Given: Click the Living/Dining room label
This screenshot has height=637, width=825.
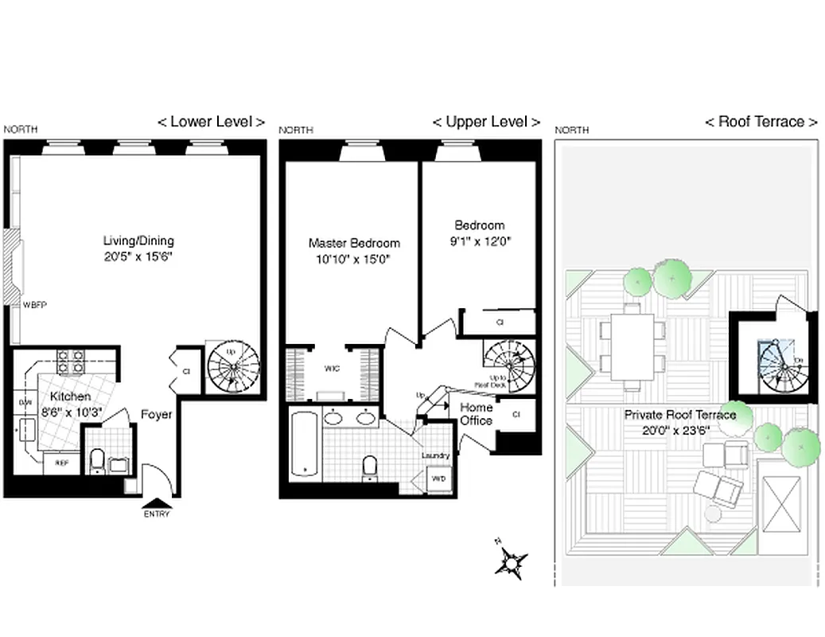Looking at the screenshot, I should (x=138, y=240).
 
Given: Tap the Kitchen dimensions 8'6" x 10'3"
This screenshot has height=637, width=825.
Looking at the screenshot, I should (x=71, y=412).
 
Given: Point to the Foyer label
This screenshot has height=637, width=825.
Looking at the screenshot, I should (x=157, y=414).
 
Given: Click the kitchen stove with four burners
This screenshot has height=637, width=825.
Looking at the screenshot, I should (x=70, y=362).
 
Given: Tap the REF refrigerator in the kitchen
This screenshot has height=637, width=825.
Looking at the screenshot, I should (x=60, y=461).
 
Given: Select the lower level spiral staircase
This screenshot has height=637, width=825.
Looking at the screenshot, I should (x=233, y=367).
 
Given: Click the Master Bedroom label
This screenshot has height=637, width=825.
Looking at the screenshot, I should (x=354, y=243).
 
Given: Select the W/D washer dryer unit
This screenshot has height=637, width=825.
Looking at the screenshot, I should (x=438, y=479).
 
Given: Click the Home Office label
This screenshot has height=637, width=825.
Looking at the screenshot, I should (x=477, y=413).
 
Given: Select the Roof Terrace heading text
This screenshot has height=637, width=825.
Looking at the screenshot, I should (x=761, y=122).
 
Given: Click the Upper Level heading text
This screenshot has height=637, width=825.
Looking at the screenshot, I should (x=485, y=122).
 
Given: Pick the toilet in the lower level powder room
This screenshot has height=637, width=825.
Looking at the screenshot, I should (x=96, y=460).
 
